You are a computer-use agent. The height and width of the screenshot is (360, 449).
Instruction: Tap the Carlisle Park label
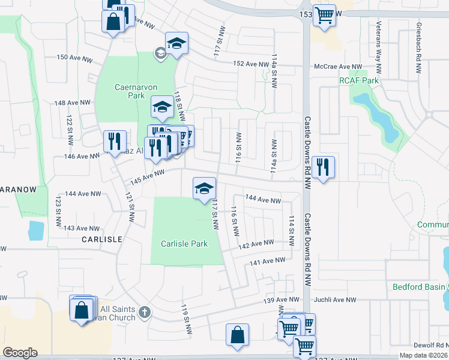pyautogui.click(x=184, y=244)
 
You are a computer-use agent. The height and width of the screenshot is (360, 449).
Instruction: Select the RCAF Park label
pyautogui.click(x=359, y=80)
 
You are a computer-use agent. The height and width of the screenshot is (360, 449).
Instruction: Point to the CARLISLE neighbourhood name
pyautogui.click(x=103, y=239)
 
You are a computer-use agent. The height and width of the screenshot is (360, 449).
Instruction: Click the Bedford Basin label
pyautogui.click(x=419, y=287)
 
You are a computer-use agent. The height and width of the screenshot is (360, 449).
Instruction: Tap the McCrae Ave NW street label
pyautogui.click(x=337, y=67)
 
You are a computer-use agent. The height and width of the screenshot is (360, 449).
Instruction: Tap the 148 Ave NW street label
pyautogui.click(x=72, y=103)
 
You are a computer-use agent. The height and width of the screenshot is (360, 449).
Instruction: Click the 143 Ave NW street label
pyautogui.click(x=82, y=228)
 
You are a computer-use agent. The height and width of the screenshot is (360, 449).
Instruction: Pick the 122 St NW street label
pyautogui.click(x=70, y=123)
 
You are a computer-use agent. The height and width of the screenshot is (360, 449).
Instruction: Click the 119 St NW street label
pyautogui.click(x=186, y=319)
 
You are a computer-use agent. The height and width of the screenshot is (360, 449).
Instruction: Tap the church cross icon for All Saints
pyautogui.click(x=143, y=311)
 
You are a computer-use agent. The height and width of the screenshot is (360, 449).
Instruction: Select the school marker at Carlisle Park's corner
pyautogui.click(x=203, y=188)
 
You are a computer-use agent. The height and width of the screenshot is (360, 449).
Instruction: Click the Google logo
pyautogui.click(x=20, y=353)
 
